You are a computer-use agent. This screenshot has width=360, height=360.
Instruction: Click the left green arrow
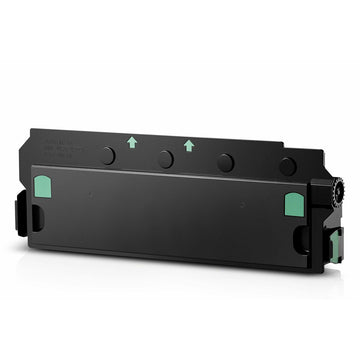pyautogui.click(x=132, y=142)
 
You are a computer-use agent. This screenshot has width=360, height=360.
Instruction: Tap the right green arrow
pyautogui.click(x=189, y=145)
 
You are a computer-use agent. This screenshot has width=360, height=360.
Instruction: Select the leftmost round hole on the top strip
pyautogui.click(x=107, y=155)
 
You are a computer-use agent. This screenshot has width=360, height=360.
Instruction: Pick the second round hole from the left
pyautogui.click(x=166, y=159)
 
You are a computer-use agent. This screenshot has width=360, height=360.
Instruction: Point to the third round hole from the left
pyautogui.click(x=226, y=162)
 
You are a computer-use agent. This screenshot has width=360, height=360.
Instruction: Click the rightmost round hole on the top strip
pyautogui.click(x=287, y=166)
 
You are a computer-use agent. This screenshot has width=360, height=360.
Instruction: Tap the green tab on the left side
pyautogui.click(x=41, y=186)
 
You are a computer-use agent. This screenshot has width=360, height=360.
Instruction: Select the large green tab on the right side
pyautogui.click(x=294, y=204)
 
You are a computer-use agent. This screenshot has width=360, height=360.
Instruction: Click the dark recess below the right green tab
pyautogui.click(x=299, y=238)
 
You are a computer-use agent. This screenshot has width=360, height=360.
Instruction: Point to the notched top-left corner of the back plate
pyautogui.click(x=33, y=130)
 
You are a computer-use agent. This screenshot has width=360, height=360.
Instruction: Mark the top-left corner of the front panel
pyautogui.click(x=32, y=167)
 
